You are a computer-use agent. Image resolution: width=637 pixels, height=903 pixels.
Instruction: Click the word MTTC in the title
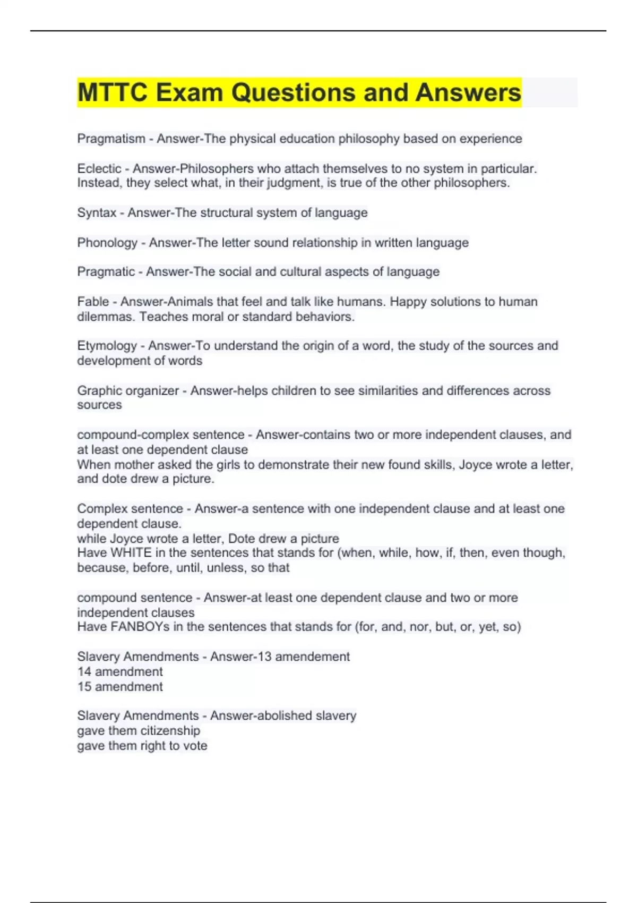pyautogui.click(x=112, y=92)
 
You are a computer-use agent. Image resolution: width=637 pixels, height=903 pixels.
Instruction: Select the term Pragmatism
pyautogui.click(x=111, y=139)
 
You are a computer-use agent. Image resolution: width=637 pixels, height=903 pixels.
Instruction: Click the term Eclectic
pyautogui.click(x=99, y=169)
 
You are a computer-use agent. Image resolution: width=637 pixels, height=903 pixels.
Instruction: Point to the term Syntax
pyautogui.click(x=97, y=213)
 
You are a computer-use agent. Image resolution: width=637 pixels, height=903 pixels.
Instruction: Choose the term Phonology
pyautogui.click(x=107, y=243)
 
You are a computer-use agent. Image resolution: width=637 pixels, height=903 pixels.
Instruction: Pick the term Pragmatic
pyautogui.click(x=106, y=272)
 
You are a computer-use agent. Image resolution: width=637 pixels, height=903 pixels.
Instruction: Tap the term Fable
pyautogui.click(x=93, y=302)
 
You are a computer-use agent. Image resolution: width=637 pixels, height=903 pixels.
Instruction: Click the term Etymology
pyautogui.click(x=107, y=346)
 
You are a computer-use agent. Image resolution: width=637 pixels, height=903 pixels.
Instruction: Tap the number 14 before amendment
pyautogui.click(x=84, y=671)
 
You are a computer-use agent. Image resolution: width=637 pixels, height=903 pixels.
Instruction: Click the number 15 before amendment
pyautogui.click(x=84, y=686)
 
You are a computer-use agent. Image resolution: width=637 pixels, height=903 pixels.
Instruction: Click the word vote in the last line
pyautogui.click(x=195, y=746)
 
